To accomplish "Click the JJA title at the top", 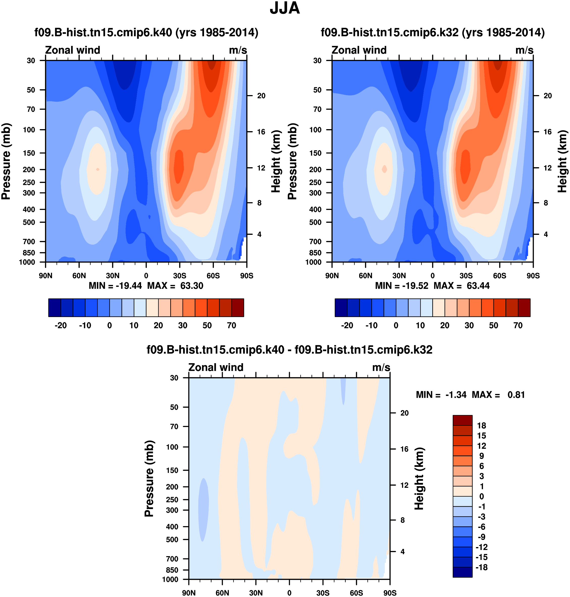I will point(285,9).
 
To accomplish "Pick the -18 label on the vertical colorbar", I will point(481,567).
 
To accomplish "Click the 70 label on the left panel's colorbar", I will point(232,325).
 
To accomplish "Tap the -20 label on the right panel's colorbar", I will point(347,325).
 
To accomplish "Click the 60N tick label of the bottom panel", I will point(222,593).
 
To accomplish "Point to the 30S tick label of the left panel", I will point(180,276).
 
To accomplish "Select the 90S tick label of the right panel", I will point(533,276).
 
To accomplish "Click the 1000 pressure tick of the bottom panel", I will point(170,579).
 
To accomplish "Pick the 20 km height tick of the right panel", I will point(548,96).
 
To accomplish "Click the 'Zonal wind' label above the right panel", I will point(359,50).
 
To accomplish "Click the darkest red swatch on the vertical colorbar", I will point(463,420).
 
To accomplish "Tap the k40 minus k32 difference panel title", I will point(289,350).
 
